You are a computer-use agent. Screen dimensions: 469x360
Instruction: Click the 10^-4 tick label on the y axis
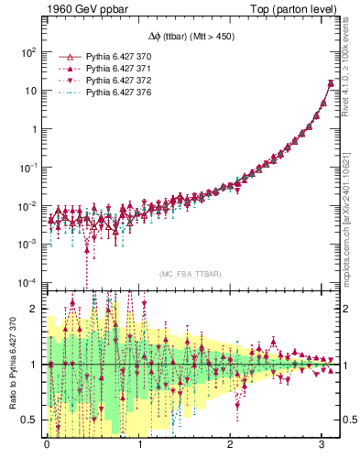tap(28, 281)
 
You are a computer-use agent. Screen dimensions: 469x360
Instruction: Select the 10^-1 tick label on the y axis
tap(28, 167)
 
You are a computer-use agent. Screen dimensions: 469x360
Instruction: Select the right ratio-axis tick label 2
tap(347, 309)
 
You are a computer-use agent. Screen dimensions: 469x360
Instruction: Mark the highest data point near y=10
tap(330, 84)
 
